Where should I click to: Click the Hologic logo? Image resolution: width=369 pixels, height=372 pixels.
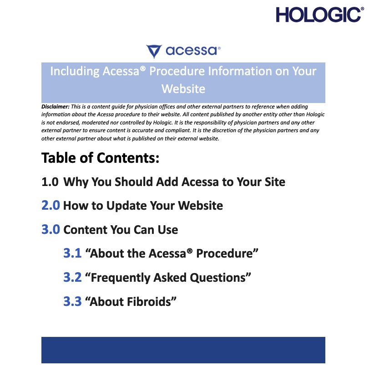pos(320,15)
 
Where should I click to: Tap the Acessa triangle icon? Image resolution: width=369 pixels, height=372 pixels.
pos(154,51)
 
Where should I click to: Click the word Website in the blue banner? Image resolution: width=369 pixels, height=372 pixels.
pos(183,89)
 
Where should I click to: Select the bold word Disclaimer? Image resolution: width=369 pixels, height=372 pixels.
pos(56,107)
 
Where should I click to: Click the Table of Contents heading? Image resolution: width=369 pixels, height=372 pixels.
pos(101,158)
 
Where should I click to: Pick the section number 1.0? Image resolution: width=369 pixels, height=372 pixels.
pos(50,182)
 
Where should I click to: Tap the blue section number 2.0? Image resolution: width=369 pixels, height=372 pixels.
pos(51,206)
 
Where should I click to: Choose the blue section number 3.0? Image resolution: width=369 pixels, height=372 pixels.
pos(51,229)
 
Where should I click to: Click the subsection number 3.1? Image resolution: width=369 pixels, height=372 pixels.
pos(72,253)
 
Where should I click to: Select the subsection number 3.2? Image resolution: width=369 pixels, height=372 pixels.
pos(72,277)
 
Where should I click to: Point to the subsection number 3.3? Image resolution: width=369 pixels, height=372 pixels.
pos(72,301)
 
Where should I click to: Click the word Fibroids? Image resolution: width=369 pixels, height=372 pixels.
pos(149,301)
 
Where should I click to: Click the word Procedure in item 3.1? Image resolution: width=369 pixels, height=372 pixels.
pos(224,253)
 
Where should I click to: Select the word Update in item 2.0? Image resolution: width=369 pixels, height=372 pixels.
pos(126,206)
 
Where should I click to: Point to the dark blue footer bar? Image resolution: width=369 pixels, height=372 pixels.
pos(183,350)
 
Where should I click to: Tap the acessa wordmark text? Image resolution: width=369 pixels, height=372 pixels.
pos(192,51)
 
